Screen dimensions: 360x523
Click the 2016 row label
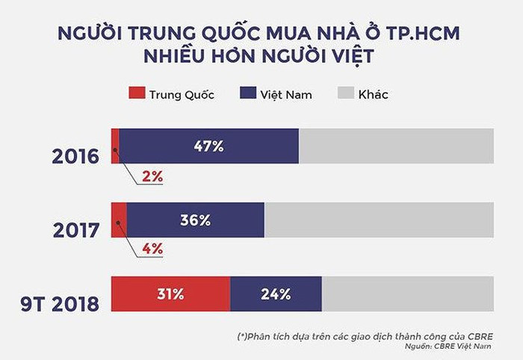[x=75, y=157]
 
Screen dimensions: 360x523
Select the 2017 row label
[x=76, y=229]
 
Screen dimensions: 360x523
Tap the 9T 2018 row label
[x=59, y=304]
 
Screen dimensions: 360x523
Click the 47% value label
[x=208, y=146]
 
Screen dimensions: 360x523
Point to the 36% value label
[x=195, y=220]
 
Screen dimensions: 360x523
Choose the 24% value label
[x=276, y=294]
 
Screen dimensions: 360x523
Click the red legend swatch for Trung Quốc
[x=135, y=94]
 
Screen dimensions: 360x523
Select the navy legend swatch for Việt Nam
[x=249, y=94]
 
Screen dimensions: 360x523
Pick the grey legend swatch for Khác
[x=344, y=94]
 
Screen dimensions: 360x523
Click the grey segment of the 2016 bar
[x=396, y=146]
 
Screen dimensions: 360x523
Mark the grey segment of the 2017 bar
[x=379, y=220]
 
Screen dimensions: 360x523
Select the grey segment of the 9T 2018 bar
[x=408, y=294]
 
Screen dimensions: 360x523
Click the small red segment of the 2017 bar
[x=119, y=220]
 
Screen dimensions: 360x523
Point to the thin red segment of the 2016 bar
[x=115, y=146]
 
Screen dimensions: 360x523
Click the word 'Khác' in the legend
[x=373, y=95]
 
